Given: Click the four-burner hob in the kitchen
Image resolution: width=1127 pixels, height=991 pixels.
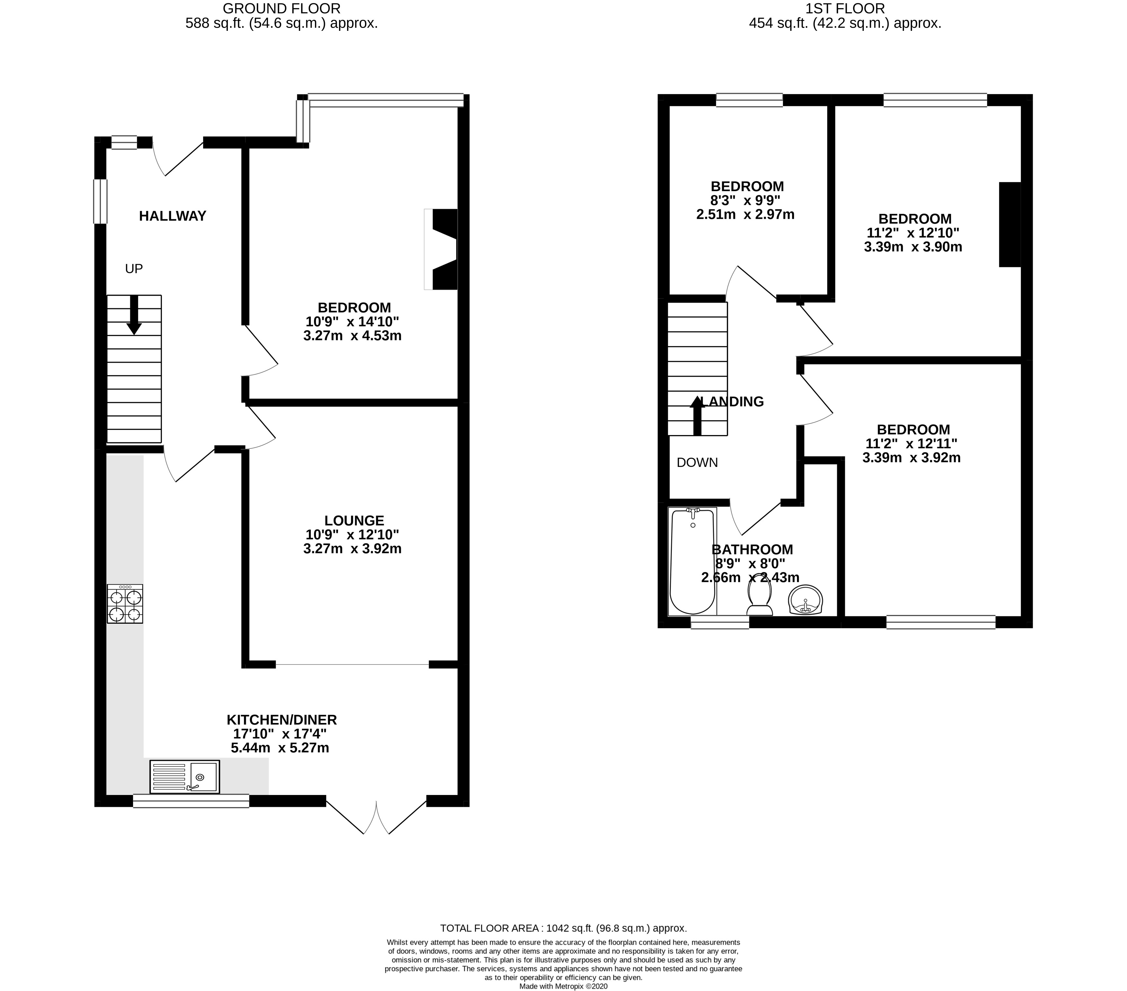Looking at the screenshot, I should point(125,604).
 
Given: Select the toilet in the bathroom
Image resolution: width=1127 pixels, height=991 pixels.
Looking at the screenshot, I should point(759,600).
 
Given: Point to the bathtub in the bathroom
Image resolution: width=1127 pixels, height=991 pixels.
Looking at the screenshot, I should point(692,561).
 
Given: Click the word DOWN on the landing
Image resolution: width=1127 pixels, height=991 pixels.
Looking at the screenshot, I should point(697,463).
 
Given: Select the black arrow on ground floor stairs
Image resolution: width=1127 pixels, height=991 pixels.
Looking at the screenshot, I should point(133,316).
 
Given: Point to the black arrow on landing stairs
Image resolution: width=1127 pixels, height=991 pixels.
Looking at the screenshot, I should point(697,415).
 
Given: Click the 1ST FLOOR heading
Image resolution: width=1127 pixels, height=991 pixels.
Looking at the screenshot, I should point(845,8).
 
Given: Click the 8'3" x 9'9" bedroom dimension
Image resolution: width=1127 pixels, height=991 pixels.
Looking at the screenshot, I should point(746,201).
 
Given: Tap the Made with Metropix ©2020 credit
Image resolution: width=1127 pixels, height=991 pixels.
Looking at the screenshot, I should point(563,987).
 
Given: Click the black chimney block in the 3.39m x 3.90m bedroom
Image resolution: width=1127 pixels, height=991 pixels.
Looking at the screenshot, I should point(1010,224).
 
